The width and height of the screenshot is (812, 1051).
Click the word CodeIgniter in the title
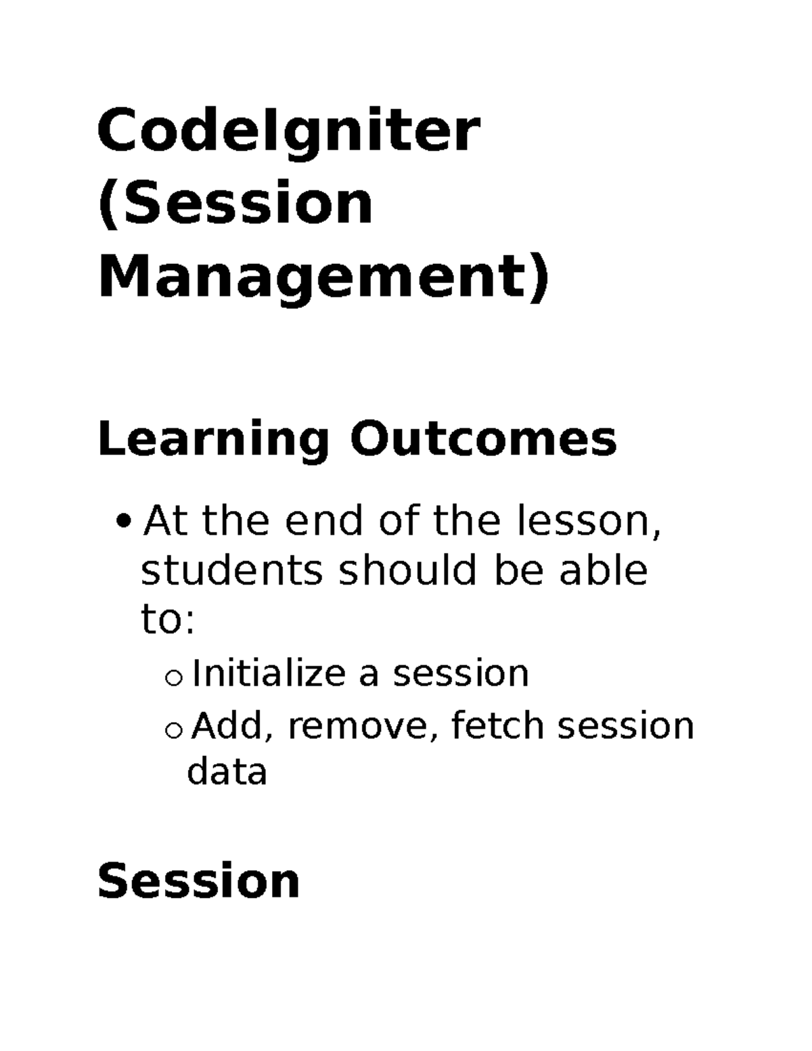point(289,133)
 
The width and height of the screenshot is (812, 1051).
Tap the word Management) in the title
point(323,279)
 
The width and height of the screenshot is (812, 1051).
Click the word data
point(227,772)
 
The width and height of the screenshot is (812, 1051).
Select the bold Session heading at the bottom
point(198,881)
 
